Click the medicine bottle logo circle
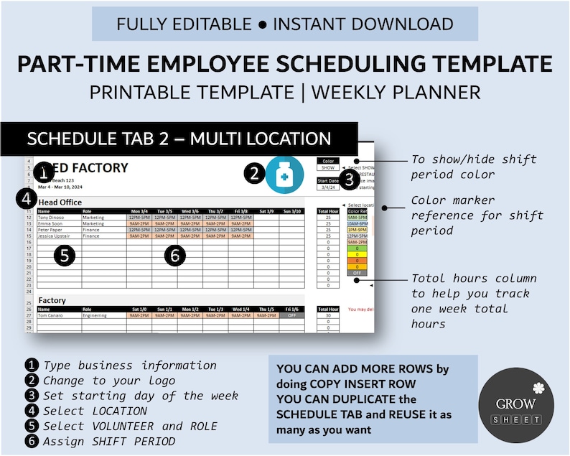[x=284, y=175]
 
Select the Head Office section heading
[x=60, y=203]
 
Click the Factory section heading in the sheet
[x=52, y=300]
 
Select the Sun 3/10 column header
[x=291, y=211]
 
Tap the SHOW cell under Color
[x=327, y=168]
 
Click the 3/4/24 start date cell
[x=327, y=187]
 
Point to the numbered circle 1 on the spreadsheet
[x=45, y=172]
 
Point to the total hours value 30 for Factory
[x=327, y=315]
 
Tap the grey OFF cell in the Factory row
[x=291, y=315]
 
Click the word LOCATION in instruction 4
[x=120, y=411]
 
